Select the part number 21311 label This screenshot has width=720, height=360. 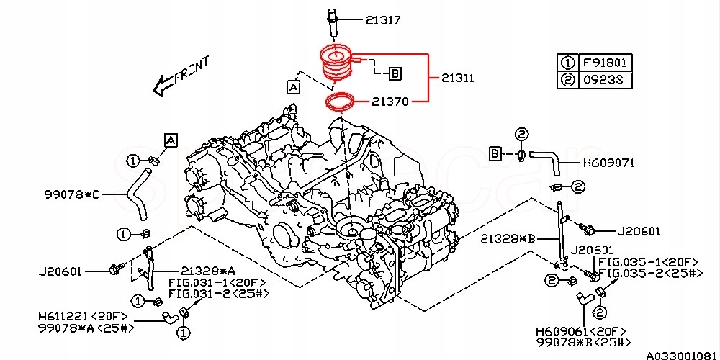(458, 78)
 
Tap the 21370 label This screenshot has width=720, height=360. (390, 102)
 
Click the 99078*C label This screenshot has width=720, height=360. (73, 194)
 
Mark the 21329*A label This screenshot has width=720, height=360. (208, 271)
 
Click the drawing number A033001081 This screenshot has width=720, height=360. (680, 355)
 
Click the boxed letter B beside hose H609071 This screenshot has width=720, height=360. (495, 153)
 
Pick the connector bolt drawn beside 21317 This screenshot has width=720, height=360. (333, 19)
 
